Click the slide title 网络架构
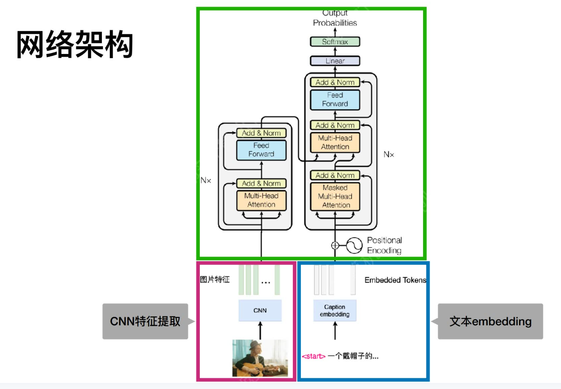(x=75, y=45)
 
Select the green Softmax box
(x=335, y=42)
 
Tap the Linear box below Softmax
(x=335, y=61)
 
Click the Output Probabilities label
(x=335, y=18)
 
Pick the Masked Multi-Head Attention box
(x=335, y=196)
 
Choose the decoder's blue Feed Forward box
(x=335, y=99)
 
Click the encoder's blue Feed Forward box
(x=261, y=150)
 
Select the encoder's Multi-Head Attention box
(x=261, y=200)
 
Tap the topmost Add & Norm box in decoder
(x=335, y=82)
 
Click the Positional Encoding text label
(x=384, y=245)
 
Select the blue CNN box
(x=260, y=311)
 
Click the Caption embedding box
(x=334, y=311)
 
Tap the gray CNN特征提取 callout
(x=145, y=321)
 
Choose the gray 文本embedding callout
(x=490, y=321)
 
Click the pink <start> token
(x=314, y=356)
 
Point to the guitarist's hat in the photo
(x=254, y=345)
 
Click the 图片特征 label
(x=215, y=280)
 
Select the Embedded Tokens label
(x=395, y=280)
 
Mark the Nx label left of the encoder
(x=206, y=180)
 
